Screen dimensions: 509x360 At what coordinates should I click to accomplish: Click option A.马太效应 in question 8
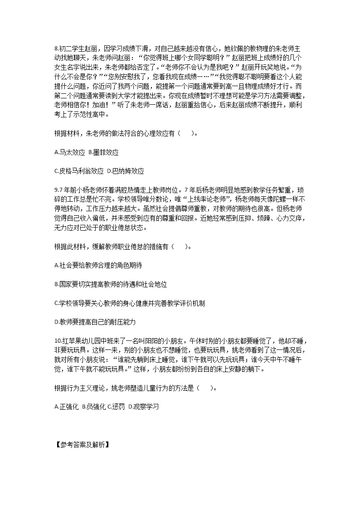coord(69,153)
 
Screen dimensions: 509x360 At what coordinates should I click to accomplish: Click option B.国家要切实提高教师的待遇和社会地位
coord(110,284)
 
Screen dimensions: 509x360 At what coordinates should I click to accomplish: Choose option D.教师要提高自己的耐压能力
coord(95,322)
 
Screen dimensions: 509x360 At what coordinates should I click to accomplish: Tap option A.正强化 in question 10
coord(66,407)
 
